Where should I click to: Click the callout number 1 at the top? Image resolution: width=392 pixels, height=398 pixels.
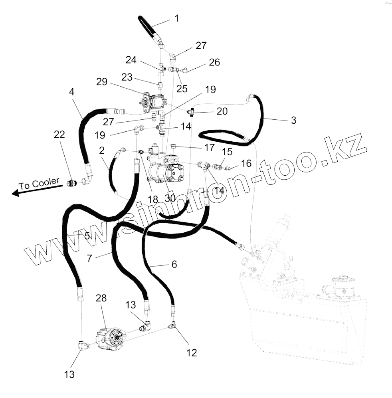[176, 18]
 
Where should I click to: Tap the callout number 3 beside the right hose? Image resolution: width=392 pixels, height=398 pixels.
[293, 120]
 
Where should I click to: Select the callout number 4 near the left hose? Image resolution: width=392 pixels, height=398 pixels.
[71, 91]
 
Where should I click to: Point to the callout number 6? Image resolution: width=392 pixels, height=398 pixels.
[174, 264]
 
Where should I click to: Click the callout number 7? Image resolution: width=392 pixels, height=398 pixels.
[89, 258]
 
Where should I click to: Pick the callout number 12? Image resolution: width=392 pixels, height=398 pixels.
[192, 352]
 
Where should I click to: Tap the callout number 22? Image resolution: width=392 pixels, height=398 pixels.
[59, 135]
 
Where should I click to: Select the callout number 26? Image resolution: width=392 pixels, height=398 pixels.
[214, 63]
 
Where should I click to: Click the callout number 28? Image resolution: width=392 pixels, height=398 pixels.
[101, 298]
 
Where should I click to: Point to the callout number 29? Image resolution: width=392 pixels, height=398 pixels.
[102, 82]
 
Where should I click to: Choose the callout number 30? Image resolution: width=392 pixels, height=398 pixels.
[170, 198]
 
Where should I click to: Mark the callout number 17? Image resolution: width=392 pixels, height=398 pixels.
[209, 147]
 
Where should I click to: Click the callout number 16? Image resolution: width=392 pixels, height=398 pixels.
[246, 163]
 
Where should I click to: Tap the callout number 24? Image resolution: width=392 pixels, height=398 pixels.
[131, 60]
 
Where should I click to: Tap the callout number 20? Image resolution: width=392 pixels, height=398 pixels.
[222, 111]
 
